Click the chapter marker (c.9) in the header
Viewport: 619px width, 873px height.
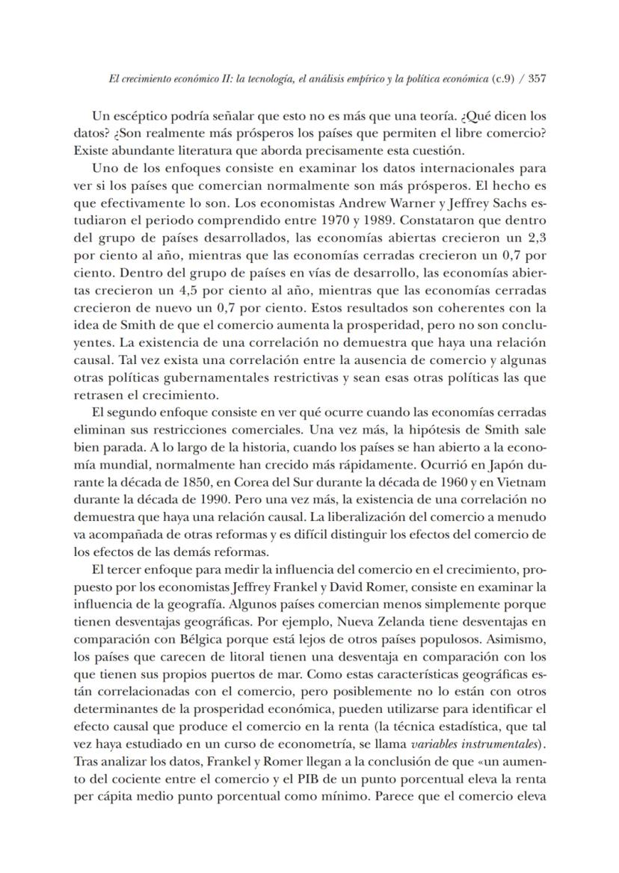tap(505, 78)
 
